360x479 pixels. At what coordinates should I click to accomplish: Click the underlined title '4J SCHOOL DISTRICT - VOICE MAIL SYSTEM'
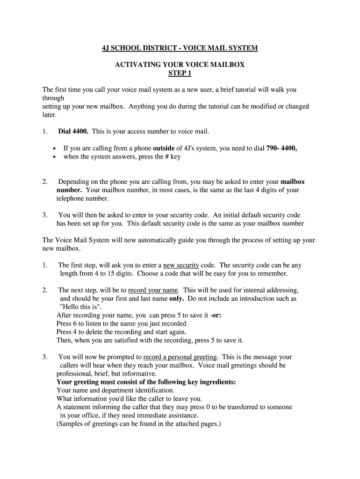click(180, 48)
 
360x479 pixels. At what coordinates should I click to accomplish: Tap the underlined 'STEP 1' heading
click(180, 73)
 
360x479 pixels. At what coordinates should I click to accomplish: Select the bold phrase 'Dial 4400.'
click(73, 131)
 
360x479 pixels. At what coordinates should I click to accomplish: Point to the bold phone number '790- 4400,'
click(281, 148)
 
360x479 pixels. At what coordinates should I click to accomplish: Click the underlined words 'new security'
click(181, 265)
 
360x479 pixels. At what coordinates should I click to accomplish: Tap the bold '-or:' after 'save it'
click(216, 315)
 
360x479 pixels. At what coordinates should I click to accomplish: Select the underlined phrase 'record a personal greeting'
click(177, 357)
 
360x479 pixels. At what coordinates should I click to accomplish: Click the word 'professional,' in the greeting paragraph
click(75, 374)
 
